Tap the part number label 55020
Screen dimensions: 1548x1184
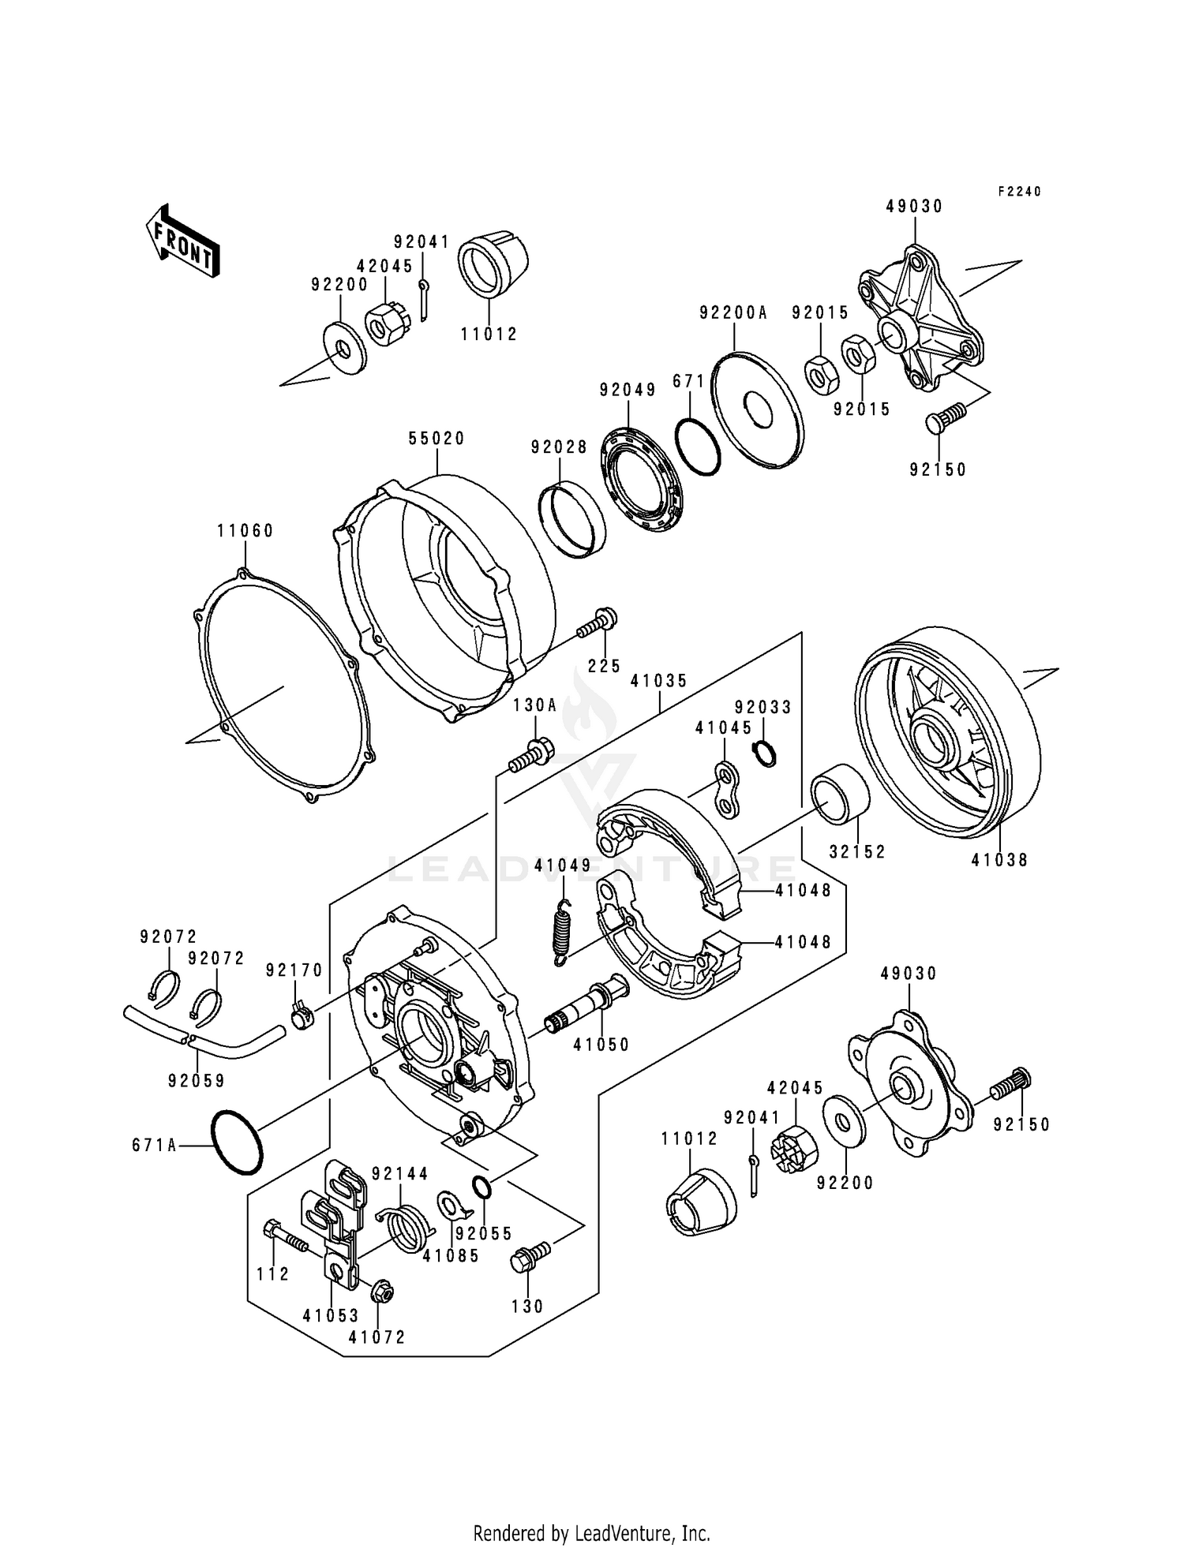437,439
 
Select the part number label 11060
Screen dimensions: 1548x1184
245,531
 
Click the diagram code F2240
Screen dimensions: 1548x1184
1019,192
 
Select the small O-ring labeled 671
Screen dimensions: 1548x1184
698,446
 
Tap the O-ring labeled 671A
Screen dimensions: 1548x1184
236,1142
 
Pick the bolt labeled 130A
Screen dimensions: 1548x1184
531,755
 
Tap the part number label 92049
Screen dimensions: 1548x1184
628,390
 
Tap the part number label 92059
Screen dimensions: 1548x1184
196,1080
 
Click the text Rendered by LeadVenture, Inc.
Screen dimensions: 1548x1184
591,1533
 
